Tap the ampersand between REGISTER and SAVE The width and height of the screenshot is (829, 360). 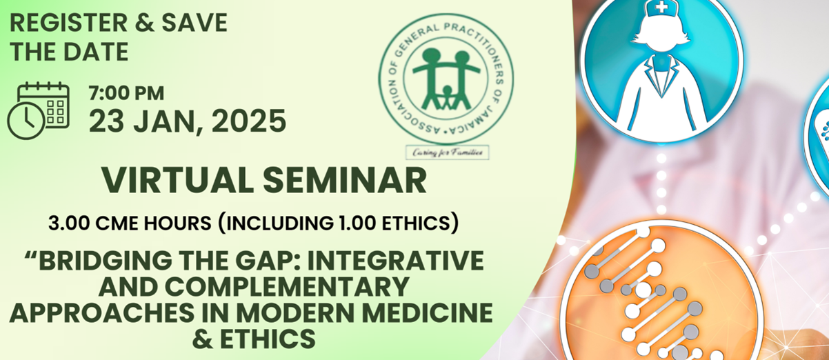[145, 23]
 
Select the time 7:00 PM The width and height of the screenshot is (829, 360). [126, 93]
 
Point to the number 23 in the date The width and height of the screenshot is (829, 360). [108, 121]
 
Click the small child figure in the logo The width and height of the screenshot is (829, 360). [447, 97]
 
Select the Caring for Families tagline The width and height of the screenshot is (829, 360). [447, 152]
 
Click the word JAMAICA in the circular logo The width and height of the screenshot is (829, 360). [476, 117]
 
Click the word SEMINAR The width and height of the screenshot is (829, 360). [345, 181]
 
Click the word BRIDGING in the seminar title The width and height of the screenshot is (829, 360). [106, 261]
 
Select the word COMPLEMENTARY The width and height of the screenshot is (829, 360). [287, 287]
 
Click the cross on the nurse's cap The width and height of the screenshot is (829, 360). [662, 6]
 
